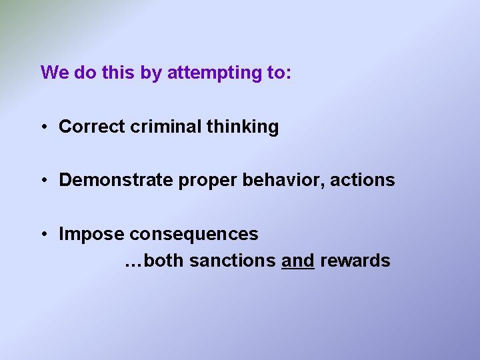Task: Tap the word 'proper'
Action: (x=198, y=181)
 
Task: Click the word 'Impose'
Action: (x=91, y=234)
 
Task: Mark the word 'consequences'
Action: (x=194, y=234)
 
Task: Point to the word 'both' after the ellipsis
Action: (x=163, y=261)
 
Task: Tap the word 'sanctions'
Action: (x=233, y=261)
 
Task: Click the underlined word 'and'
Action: (x=298, y=261)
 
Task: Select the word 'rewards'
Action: (x=355, y=261)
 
